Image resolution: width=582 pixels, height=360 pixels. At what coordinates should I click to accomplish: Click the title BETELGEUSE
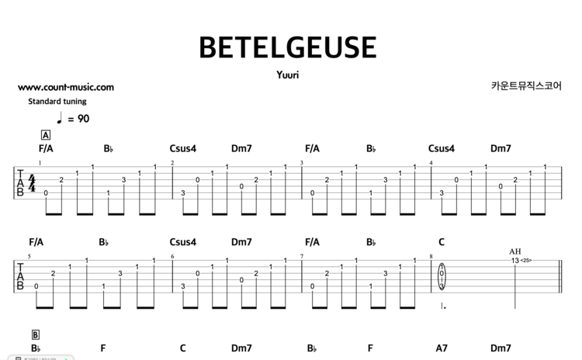coord(288,47)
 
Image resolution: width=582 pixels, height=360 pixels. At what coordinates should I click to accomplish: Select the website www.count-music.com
coord(65,88)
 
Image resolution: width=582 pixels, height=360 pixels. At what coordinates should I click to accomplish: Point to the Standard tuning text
coord(57,101)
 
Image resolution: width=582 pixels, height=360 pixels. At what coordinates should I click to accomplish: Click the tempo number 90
coord(83,119)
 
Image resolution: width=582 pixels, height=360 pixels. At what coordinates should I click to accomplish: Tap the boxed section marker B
coord(36,335)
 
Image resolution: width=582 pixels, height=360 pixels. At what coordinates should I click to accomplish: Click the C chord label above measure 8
coord(442,242)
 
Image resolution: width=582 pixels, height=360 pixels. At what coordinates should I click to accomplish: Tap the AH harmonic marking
coord(515,251)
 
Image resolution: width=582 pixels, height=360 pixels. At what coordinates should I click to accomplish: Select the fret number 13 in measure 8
coord(514,261)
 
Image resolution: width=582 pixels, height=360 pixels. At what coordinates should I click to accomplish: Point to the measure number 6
coord(172,257)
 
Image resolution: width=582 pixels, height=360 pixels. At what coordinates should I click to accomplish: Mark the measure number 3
coord(301,163)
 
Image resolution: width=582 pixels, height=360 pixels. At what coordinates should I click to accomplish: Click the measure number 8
coord(431,257)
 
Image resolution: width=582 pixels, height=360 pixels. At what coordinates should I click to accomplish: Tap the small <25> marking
coord(525,261)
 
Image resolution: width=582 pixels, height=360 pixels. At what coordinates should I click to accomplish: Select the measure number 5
coord(30,257)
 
